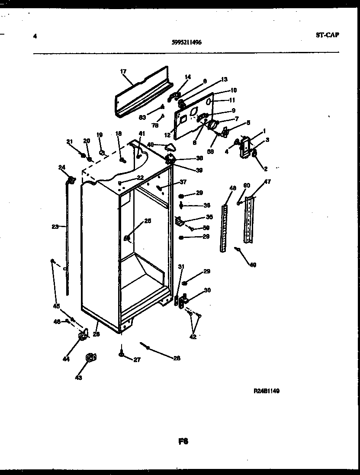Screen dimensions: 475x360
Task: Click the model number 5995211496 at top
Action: pyautogui.click(x=186, y=42)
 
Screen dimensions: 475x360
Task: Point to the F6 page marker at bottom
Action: pyautogui.click(x=183, y=442)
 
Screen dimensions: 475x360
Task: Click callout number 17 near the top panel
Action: pyautogui.click(x=123, y=71)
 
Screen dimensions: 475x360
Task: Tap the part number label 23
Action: pyautogui.click(x=55, y=226)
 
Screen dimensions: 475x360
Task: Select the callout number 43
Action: pyautogui.click(x=78, y=378)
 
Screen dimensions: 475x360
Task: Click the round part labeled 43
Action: pyautogui.click(x=90, y=357)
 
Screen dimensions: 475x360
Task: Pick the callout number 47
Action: pyautogui.click(x=267, y=182)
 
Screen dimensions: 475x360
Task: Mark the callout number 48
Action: pyautogui.click(x=233, y=188)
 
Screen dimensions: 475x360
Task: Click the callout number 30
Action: pyautogui.click(x=207, y=290)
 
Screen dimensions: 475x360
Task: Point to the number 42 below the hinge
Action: pyautogui.click(x=193, y=337)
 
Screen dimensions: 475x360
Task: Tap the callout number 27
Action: pyautogui.click(x=137, y=359)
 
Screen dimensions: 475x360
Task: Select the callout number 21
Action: pyautogui.click(x=69, y=141)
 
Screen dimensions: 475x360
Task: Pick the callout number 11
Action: pyautogui.click(x=232, y=100)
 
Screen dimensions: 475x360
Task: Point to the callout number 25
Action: pyautogui.click(x=148, y=221)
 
